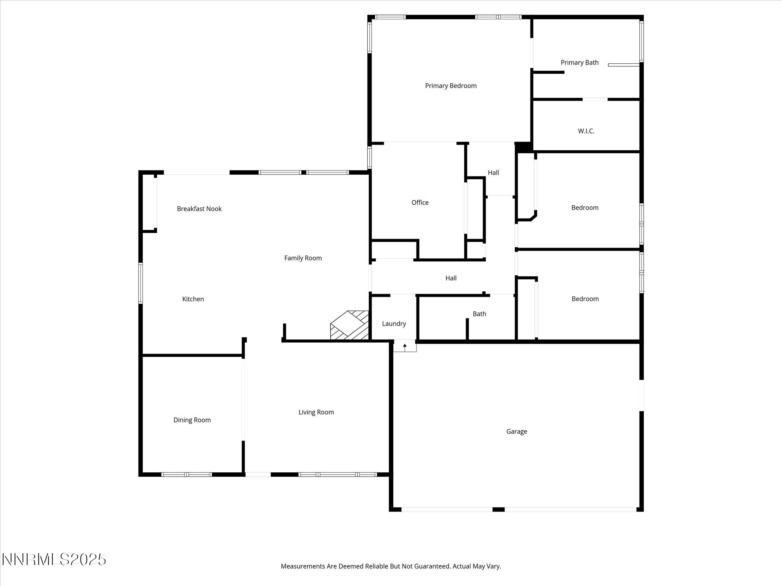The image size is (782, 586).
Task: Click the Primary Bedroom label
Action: click(x=451, y=86)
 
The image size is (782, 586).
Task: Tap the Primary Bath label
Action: click(x=580, y=63)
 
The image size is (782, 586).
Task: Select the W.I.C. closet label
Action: click(x=586, y=131)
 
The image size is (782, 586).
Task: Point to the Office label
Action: click(x=420, y=203)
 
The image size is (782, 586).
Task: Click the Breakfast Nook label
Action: click(x=199, y=209)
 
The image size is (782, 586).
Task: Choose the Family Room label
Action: click(x=303, y=258)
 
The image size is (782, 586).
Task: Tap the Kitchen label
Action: click(x=193, y=299)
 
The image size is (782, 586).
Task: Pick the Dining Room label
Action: click(x=192, y=420)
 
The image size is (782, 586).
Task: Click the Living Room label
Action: click(x=316, y=412)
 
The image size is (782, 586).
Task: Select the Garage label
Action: click(x=517, y=431)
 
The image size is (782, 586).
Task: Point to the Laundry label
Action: click(x=394, y=324)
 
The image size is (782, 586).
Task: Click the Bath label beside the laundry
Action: click(x=480, y=314)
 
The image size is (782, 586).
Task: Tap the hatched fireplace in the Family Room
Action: click(x=349, y=325)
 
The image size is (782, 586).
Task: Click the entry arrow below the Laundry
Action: click(x=405, y=347)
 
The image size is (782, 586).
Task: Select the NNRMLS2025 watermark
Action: click(x=54, y=560)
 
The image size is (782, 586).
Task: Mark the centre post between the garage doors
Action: click(x=498, y=509)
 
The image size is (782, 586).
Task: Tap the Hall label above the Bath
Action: click(x=451, y=278)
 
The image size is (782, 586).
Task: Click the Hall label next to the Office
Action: click(x=493, y=173)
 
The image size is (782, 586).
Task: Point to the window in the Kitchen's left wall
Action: click(x=141, y=283)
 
